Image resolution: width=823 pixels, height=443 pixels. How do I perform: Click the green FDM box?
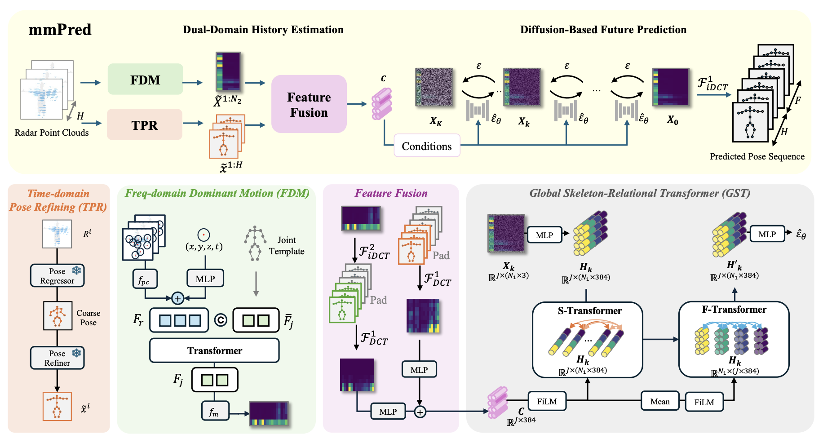[x=145, y=80]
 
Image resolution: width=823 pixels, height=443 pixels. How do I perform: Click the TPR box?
[x=144, y=125]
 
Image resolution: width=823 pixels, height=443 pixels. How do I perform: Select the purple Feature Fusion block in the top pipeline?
[x=309, y=104]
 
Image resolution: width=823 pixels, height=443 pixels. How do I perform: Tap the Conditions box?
[x=426, y=146]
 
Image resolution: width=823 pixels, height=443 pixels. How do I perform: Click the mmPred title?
[x=60, y=30]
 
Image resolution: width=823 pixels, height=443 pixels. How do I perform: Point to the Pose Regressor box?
[x=57, y=276]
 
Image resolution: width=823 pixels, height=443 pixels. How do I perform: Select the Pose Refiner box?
[x=57, y=358]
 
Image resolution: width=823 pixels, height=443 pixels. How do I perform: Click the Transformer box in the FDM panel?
[x=214, y=350]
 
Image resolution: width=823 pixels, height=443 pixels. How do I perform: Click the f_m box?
[x=215, y=411]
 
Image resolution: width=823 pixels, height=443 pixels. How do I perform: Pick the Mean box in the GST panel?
[x=659, y=401]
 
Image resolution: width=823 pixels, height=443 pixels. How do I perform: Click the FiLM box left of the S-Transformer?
[x=547, y=401]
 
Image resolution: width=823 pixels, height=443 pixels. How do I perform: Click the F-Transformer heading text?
[x=734, y=309]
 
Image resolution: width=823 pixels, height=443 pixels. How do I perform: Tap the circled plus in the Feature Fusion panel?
[x=420, y=412]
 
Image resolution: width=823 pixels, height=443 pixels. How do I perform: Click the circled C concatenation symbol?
[x=220, y=320]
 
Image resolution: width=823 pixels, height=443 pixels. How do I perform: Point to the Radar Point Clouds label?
[x=52, y=133]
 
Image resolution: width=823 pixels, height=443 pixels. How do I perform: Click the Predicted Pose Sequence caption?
[x=757, y=156]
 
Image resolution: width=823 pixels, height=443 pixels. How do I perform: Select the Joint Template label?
[x=287, y=246]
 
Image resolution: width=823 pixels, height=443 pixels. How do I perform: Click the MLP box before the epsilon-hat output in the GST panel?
[x=767, y=235]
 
